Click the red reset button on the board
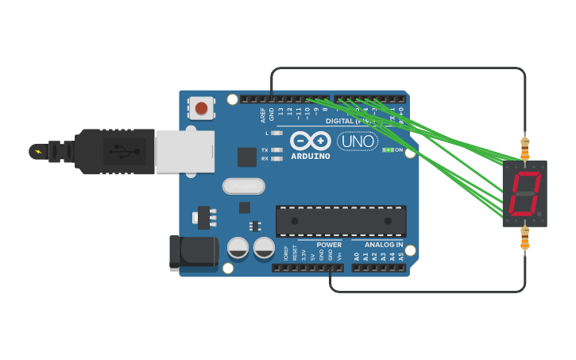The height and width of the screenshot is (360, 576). click(201, 107)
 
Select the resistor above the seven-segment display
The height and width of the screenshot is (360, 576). click(524, 147)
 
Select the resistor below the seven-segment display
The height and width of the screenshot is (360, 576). click(524, 238)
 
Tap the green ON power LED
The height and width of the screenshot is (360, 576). click(388, 149)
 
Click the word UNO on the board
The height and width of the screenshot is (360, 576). click(358, 141)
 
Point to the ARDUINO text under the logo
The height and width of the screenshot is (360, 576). click(311, 156)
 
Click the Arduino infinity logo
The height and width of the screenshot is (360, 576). click(311, 141)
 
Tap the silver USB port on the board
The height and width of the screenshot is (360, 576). click(185, 151)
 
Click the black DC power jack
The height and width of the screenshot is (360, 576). click(193, 253)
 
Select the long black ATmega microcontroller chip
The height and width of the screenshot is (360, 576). click(341, 220)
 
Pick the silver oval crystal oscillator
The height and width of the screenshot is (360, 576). click(243, 186)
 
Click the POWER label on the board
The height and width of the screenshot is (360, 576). click(329, 245)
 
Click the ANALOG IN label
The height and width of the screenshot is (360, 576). click(384, 245)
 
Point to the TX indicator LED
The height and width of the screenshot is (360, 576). click(276, 149)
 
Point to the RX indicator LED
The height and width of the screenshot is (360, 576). click(276, 159)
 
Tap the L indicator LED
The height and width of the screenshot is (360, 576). click(276, 133)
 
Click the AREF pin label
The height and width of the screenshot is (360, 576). click(263, 114)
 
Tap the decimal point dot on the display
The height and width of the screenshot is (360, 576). click(539, 215)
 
